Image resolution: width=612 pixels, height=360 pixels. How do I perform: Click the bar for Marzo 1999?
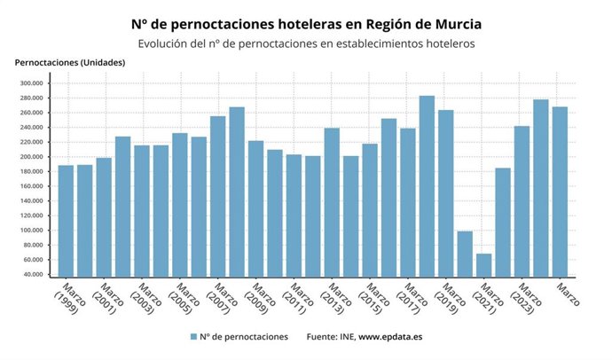[x=66, y=221]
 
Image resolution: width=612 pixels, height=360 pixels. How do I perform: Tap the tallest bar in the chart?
[x=427, y=186]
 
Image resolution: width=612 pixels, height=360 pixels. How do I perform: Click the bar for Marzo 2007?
[x=217, y=196]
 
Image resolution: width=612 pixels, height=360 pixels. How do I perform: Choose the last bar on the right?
[x=560, y=192]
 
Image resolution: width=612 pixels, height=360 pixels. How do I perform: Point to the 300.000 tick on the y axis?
[x=30, y=83]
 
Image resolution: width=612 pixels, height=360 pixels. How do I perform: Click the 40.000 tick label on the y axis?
[x=32, y=275]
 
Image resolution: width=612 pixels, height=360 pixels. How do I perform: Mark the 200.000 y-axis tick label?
[x=30, y=157]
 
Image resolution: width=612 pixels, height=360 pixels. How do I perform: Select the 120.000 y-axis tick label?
[x=30, y=215]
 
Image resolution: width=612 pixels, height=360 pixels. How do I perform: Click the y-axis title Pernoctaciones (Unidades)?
[x=70, y=62]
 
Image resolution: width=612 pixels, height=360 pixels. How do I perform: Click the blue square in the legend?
[x=192, y=337]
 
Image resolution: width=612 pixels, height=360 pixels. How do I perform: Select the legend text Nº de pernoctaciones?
[x=243, y=337]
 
